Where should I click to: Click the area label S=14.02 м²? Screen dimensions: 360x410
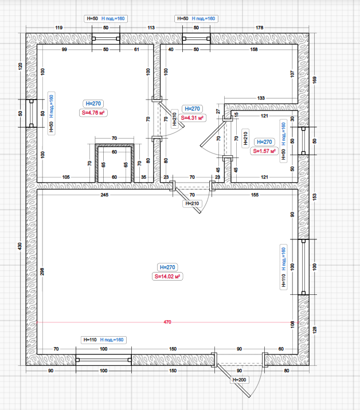167,277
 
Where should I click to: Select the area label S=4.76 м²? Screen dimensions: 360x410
93,113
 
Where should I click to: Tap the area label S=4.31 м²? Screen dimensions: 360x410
192,118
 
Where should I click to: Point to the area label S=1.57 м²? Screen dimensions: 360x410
264,151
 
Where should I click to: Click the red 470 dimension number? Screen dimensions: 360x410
167,322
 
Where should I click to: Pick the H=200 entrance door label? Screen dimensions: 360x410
239,380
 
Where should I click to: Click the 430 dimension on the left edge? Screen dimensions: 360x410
20,246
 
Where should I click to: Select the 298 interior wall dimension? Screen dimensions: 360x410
42,271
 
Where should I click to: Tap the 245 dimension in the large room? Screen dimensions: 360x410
104,195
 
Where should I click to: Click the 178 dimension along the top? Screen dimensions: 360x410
260,27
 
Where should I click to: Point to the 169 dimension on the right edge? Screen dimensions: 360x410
315,80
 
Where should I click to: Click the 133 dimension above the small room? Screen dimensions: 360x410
261,98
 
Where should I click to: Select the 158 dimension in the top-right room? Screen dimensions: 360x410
254,49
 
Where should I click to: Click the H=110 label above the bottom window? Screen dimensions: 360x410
90,340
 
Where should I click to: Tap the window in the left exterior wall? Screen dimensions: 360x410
32,113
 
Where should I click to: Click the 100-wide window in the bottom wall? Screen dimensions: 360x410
104,360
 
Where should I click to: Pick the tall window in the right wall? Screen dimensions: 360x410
303,267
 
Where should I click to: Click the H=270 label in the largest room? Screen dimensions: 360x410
167,267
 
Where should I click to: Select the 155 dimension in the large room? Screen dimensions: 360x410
255,195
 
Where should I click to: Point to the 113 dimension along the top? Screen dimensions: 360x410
151,27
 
